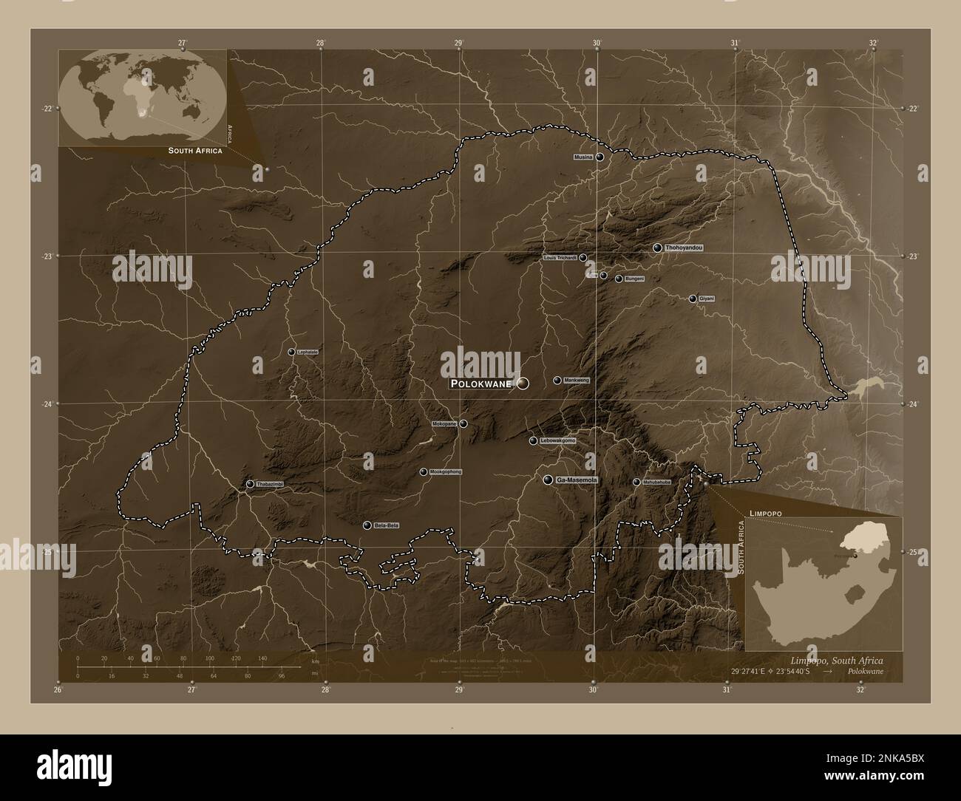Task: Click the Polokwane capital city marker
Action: click(x=523, y=383)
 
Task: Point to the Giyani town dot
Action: click(x=693, y=299)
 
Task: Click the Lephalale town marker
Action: click(x=291, y=352)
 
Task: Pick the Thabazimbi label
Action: click(x=270, y=484)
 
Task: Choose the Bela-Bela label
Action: click(x=387, y=525)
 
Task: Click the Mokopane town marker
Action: click(x=463, y=424)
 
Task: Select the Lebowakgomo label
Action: click(x=557, y=440)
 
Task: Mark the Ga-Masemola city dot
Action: click(x=548, y=480)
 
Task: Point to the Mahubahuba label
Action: click(x=656, y=482)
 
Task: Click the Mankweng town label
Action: click(x=577, y=380)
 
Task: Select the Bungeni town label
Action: click(x=634, y=279)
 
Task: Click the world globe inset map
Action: click(x=142, y=98)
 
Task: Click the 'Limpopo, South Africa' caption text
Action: click(x=838, y=660)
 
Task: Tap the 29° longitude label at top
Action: click(x=458, y=43)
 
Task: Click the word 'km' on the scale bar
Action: click(x=316, y=661)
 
